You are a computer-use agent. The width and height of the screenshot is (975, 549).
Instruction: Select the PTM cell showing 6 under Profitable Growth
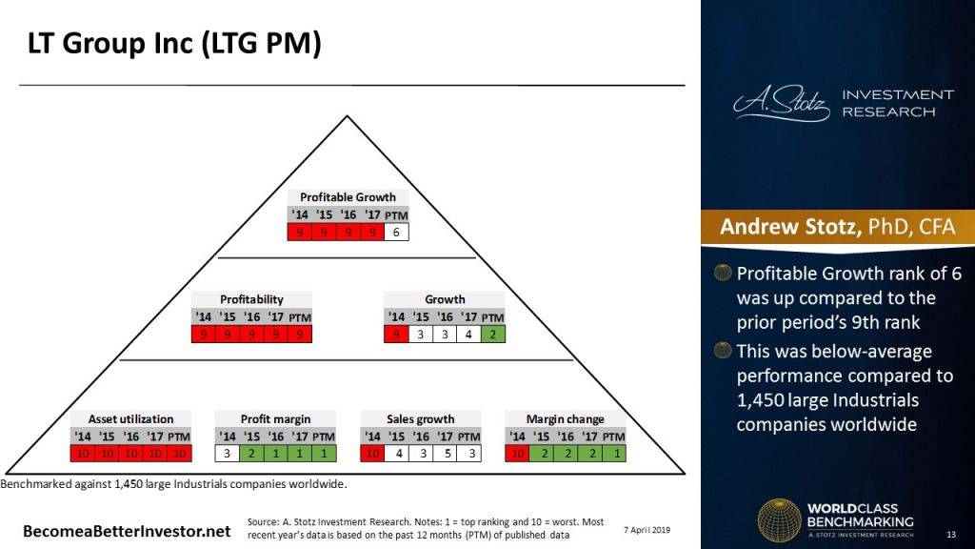click(x=396, y=232)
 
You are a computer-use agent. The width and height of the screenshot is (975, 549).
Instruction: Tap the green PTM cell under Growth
click(x=492, y=334)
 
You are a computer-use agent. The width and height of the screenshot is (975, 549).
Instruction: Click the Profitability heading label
click(x=251, y=299)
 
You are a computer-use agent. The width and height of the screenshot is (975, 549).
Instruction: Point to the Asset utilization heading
click(x=130, y=418)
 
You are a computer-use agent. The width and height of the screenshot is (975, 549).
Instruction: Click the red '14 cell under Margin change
click(x=517, y=453)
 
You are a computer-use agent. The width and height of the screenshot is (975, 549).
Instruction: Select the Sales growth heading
click(x=420, y=418)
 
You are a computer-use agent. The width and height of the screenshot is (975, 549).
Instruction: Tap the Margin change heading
click(x=565, y=418)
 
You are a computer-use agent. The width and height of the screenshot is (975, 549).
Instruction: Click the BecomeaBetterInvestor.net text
click(x=127, y=530)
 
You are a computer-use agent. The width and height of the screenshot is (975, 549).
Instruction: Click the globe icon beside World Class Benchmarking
click(x=778, y=519)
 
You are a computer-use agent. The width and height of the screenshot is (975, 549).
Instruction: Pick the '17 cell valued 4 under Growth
click(x=468, y=334)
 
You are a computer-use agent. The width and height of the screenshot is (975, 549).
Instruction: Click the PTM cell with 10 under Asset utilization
click(x=178, y=453)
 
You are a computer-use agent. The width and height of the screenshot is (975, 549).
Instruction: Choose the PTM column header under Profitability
click(x=300, y=316)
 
